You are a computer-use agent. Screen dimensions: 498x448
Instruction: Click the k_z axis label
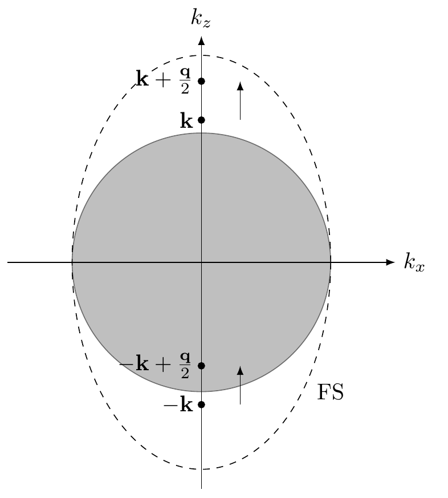coord(201,19)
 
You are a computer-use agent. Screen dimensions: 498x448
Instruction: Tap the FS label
coord(330,392)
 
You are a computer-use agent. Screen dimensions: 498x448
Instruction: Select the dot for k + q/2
coord(201,80)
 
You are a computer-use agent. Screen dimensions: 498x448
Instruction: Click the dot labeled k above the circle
coord(201,120)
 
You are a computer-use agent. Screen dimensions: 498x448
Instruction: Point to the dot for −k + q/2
coord(201,365)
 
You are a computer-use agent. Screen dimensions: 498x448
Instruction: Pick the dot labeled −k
coord(201,404)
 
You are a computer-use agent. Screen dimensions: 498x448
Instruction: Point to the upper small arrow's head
coord(240,86)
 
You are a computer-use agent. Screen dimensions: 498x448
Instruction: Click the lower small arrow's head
coord(240,370)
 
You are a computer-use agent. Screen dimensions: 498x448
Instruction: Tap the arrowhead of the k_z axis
coord(201,41)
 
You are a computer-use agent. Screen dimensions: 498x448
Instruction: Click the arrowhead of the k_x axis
coord(390,262)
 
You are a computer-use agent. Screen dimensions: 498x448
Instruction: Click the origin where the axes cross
coord(201,262)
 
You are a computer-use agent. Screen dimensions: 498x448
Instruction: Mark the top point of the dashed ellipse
coord(201,55)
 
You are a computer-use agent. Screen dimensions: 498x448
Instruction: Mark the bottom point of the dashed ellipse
coord(201,469)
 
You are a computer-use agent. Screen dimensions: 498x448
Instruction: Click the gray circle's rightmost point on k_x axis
coord(331,262)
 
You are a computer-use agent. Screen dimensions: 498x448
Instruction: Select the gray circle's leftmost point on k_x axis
coord(72,262)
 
